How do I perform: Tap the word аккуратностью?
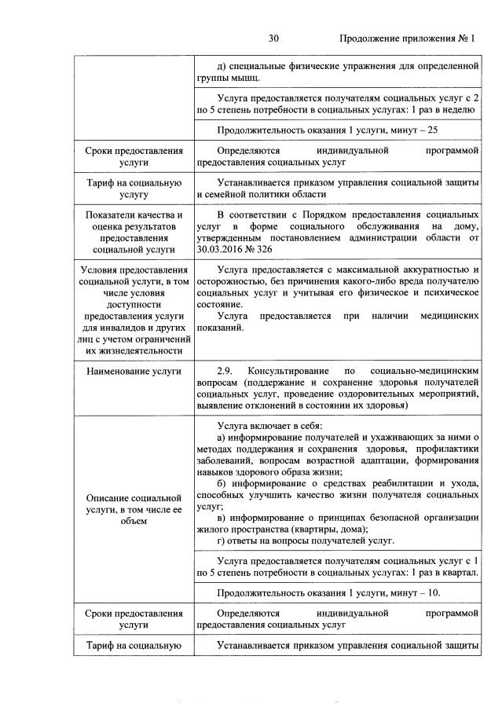point(437,270)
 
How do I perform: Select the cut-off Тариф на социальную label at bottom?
point(129,646)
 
